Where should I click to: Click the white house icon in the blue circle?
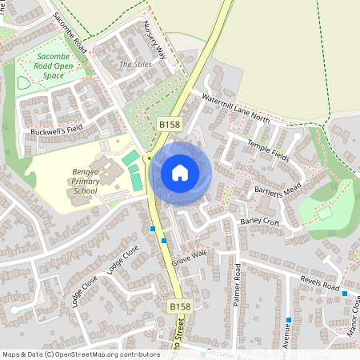[180, 173]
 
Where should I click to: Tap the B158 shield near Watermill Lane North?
[168, 125]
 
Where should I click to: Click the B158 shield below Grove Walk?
[180, 306]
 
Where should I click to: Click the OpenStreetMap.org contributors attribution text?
[110, 354]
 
